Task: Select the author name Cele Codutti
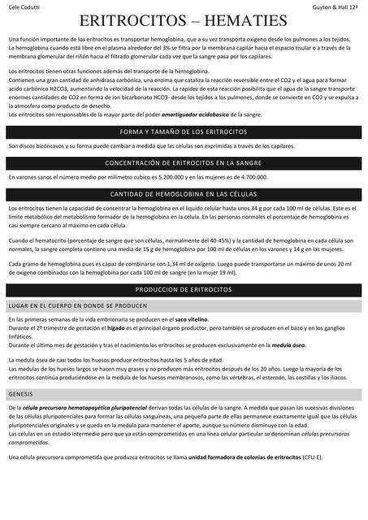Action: tap(24, 6)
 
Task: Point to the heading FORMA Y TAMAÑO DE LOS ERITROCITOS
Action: tap(183, 131)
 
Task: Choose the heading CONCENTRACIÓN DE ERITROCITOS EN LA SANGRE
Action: tap(183, 162)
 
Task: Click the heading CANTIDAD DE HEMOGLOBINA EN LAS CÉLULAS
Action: tap(183, 194)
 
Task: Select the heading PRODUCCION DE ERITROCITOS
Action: tap(183, 290)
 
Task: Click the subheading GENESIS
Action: tap(20, 393)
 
